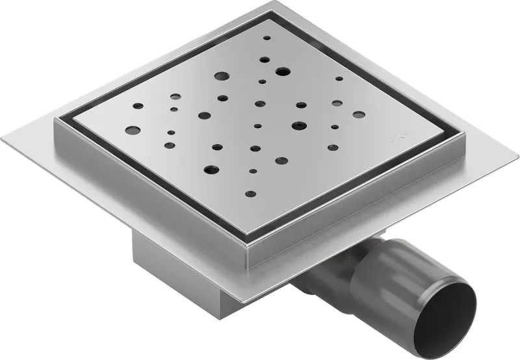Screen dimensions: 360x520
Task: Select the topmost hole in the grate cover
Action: (266, 38)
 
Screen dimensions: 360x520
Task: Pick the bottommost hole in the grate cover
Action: (250, 193)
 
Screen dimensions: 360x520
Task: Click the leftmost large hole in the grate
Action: (133, 130)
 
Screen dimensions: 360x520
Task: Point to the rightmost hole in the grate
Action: (359, 114)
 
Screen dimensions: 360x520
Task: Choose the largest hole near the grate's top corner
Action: (282, 71)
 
